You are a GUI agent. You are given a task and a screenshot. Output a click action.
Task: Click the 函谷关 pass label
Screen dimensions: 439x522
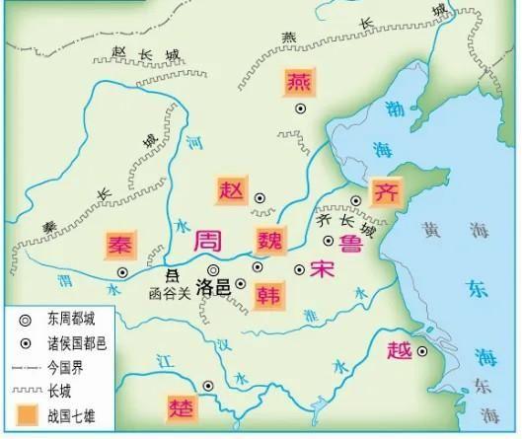tap(167, 293)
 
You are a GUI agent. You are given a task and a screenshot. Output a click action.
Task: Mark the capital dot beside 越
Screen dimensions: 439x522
tap(421, 351)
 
